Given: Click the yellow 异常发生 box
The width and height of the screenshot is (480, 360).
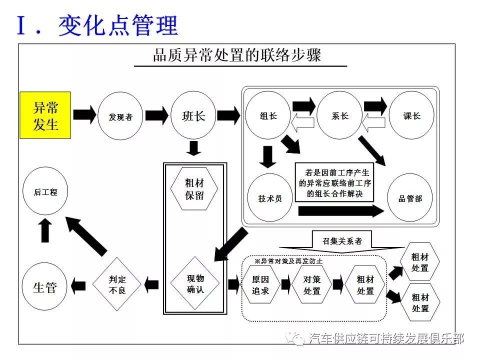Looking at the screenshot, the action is pos(45,115).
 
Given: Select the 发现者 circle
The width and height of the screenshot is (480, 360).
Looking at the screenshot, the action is pos(120,116).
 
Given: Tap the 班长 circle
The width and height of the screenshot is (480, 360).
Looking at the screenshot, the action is pos(193,115).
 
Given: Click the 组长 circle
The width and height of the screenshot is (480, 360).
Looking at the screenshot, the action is pos(268,115).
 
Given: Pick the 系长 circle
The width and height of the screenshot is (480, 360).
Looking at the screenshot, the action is pos(339,115).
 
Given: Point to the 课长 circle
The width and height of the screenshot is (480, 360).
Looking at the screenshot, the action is pos(411,115).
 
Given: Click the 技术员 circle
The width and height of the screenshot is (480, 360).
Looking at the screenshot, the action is pos(269,198).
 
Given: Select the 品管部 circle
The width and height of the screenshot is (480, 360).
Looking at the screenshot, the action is pos(410,198).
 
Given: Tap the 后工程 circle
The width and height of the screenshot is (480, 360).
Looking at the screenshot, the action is pos(45,191).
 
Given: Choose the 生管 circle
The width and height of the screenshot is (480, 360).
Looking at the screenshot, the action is pos(44,286).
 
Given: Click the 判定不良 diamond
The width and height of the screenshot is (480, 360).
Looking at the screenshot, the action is pos(117,284).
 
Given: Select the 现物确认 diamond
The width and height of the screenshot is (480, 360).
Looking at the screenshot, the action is pos(195,283).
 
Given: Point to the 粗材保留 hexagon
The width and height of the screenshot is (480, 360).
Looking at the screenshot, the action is pos(194,188).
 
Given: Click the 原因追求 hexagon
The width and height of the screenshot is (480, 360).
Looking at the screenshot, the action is pos(260,284).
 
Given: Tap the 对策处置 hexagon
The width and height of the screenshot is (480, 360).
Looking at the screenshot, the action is pos(312,284).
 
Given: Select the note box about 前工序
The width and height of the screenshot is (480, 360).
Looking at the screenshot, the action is pos(334,182).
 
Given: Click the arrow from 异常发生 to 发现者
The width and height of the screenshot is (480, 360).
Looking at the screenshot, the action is pos(84,115).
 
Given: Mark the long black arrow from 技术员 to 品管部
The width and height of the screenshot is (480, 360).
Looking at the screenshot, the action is pos(341,210).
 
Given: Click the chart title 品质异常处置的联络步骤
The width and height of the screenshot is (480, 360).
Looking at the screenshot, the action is pos(237,55).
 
